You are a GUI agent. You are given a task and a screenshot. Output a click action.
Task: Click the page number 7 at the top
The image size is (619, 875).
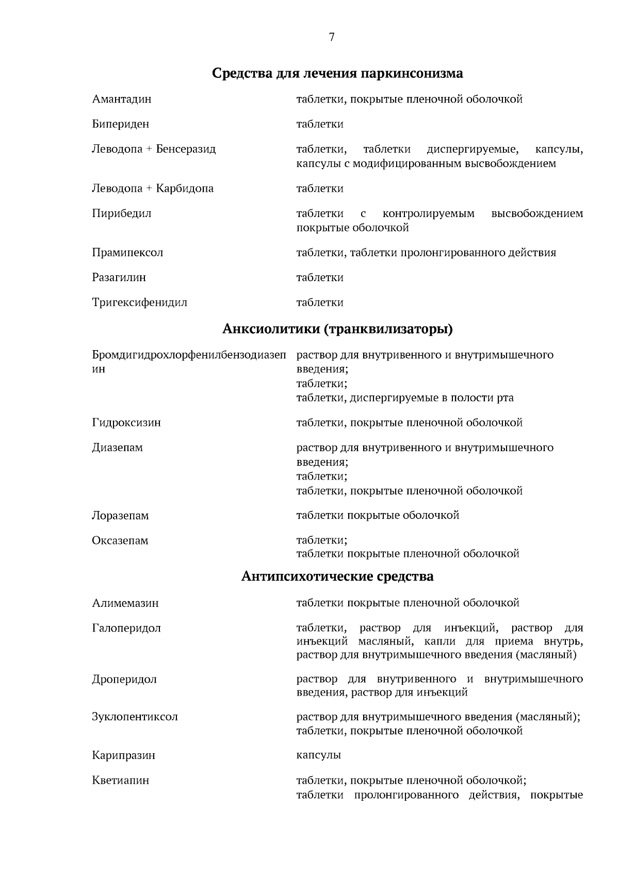point(332,37)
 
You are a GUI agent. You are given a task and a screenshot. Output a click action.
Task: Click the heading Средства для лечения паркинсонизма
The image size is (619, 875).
point(337,73)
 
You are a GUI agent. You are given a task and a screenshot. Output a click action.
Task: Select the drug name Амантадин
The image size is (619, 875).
point(122,99)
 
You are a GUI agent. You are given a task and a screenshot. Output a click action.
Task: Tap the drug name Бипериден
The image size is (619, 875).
point(121,124)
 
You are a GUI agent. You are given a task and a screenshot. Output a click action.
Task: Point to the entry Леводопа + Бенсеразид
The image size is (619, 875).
point(154,149)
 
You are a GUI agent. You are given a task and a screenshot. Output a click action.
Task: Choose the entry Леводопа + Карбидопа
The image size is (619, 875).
point(153,189)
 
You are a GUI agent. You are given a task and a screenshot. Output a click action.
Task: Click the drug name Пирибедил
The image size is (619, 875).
point(122,213)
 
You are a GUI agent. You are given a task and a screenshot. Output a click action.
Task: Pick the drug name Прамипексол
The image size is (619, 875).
point(127,253)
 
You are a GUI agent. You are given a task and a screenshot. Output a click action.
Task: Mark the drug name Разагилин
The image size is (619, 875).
point(119,277)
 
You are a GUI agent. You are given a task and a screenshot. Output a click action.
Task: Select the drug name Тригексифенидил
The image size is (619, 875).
point(140,302)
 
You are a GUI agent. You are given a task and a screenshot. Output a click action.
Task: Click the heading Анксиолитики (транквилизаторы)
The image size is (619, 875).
point(337,329)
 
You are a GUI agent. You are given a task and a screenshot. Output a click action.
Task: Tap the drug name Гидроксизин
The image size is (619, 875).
point(126,423)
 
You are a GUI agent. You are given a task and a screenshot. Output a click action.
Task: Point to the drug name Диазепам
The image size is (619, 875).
point(118,448)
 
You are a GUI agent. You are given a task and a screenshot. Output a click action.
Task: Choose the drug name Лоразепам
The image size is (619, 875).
point(120,516)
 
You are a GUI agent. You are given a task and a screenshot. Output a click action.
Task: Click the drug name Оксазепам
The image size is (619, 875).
point(120,540)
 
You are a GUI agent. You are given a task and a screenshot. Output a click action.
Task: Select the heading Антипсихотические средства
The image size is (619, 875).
point(337,576)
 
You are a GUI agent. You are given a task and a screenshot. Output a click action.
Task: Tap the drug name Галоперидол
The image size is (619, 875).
point(126,628)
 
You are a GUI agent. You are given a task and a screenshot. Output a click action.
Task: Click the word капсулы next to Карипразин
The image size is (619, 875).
point(319,755)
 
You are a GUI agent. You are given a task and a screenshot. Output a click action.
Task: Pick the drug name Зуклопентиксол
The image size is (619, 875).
point(135,717)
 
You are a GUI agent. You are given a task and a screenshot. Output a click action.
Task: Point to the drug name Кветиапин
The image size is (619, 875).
point(121,780)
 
